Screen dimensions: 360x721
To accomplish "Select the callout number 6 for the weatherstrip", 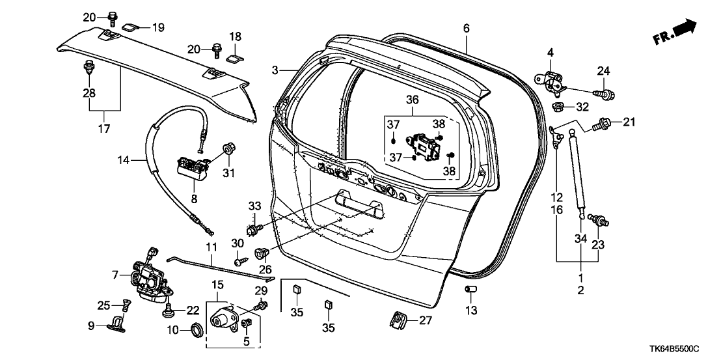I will tap(466, 28).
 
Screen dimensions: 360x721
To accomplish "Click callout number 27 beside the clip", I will tap(426, 320).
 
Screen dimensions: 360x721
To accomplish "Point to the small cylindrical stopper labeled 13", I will tap(470, 289).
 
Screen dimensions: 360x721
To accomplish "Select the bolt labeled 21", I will tap(603, 122).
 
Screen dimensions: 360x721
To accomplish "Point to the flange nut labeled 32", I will tap(558, 105).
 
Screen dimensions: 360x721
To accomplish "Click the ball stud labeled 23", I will tap(593, 219).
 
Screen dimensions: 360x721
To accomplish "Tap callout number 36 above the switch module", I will tap(413, 101).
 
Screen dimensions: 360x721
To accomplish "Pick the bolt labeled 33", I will tap(254, 229).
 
